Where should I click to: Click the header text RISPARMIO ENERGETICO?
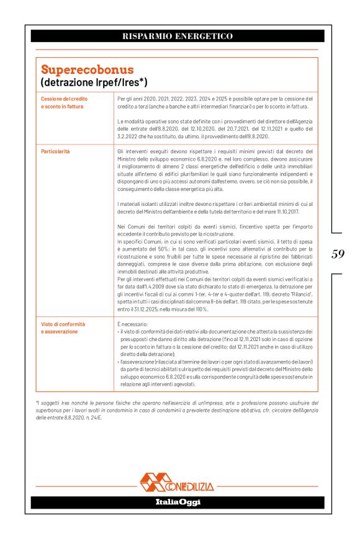(x=178, y=36)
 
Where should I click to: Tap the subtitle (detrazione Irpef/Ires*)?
(x=94, y=82)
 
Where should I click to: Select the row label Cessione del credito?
(x=64, y=99)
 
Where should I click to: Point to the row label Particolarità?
(x=55, y=151)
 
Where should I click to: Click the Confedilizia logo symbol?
(x=157, y=481)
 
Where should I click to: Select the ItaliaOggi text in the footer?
(x=178, y=502)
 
